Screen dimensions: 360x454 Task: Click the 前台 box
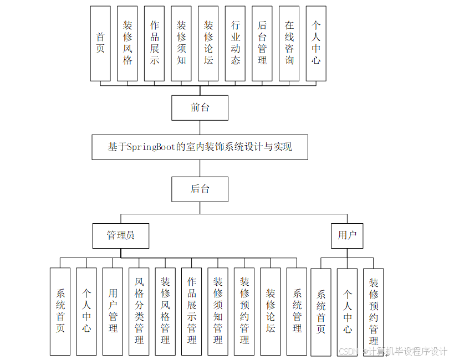[200, 107]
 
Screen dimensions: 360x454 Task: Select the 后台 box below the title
[200, 189]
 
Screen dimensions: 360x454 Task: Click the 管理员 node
[120, 235]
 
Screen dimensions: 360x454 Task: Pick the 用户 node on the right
[347, 235]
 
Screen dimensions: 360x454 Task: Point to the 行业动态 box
[236, 43]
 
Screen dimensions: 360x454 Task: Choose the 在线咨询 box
[289, 43]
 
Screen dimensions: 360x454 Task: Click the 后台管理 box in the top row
[262, 43]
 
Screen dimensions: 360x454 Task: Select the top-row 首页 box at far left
[100, 43]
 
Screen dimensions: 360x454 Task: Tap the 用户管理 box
[113, 311]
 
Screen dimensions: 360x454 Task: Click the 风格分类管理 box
[139, 311]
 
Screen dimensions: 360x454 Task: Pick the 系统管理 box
[297, 311]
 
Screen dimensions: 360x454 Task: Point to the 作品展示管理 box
[192, 311]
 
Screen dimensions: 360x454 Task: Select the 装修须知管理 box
[218, 311]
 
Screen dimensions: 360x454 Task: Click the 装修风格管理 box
[165, 311]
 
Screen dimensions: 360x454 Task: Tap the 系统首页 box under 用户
[321, 311]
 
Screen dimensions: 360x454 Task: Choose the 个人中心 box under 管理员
[86, 311]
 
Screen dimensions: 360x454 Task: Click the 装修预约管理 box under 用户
[374, 311]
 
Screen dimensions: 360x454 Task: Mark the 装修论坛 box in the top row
[208, 43]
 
